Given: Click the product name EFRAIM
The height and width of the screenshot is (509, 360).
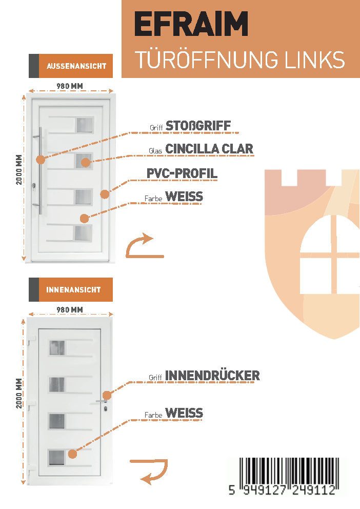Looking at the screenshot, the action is pos(191,24).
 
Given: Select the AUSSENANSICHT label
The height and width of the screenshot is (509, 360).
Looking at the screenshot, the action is pos(76,66).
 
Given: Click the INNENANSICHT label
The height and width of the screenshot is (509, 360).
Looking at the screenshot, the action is pos(73,290).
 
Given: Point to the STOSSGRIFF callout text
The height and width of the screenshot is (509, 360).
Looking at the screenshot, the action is pos(198,126).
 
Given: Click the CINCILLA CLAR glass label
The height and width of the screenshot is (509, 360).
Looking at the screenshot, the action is pos(209,149).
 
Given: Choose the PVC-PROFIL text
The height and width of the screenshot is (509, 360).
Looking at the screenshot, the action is pos(182,173).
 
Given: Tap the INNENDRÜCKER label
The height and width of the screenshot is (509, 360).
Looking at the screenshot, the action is pos(212,376).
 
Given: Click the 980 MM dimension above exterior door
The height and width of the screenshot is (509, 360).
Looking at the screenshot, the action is pos(70,86).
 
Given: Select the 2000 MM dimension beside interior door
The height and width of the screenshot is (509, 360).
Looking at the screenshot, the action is pos(19,394).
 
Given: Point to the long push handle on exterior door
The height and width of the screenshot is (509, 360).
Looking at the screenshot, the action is pos(40,171).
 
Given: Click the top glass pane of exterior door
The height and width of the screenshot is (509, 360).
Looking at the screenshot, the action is pos(85,125).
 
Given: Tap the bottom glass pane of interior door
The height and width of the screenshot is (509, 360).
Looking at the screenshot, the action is pos(56,457).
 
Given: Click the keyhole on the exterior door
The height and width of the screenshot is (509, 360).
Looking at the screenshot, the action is pos(34,185).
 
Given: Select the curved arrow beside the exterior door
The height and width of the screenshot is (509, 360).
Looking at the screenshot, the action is pos(143,246).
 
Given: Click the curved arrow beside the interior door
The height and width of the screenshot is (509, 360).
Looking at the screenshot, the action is pos(152,472).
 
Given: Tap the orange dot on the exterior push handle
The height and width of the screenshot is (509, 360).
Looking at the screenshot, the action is pos(41,160).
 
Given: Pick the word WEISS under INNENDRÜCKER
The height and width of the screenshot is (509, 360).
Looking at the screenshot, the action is pos(184,413).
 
